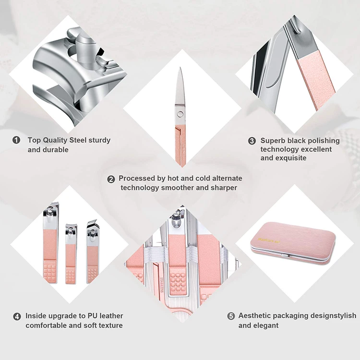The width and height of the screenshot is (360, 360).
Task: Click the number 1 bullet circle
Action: (16, 140)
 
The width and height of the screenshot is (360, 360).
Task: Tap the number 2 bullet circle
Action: (111, 179)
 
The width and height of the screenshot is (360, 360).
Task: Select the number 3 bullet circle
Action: (252, 141)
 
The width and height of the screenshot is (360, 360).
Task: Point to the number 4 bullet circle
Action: (17, 316)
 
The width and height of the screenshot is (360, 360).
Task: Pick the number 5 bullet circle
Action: (231, 316)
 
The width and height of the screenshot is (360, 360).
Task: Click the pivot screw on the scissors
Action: (180, 113)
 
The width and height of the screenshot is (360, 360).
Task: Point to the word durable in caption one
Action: (55, 150)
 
